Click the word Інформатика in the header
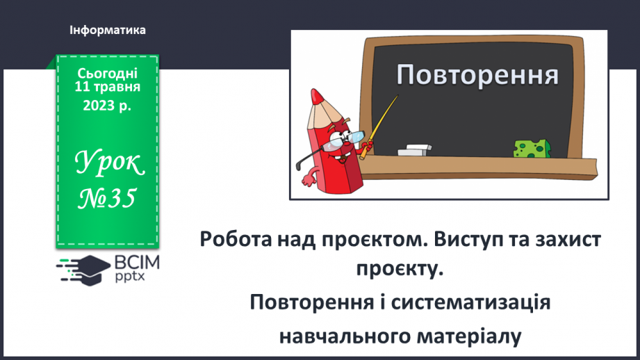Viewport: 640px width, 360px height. point(108,31)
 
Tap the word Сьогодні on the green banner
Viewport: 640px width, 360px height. point(108,73)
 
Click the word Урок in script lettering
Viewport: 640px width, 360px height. point(108,165)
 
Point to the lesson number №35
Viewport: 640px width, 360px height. point(107,199)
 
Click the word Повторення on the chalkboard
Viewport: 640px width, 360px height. point(478,74)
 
